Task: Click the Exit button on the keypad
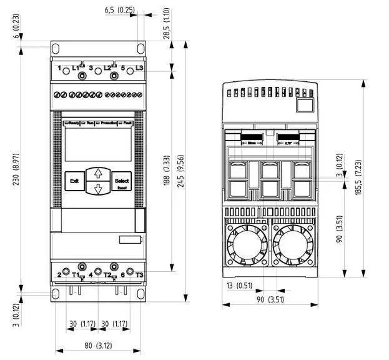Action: click(x=74, y=181)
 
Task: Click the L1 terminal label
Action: click(x=76, y=67)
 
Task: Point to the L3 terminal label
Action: click(x=139, y=67)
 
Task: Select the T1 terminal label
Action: click(x=76, y=274)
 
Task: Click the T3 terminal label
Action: click(x=139, y=274)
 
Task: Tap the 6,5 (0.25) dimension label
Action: click(x=119, y=10)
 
